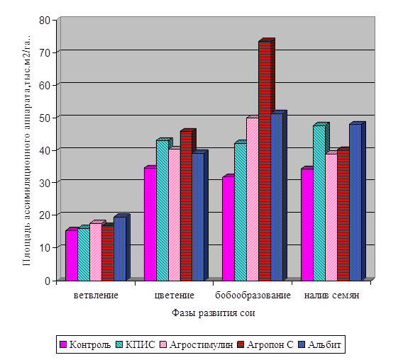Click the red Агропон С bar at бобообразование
(265, 161)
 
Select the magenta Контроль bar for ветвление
(72, 256)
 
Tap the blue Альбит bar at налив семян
(355, 203)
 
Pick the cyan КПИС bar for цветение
(162, 210)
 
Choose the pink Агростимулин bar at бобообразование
(253, 199)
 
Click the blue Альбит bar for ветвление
(120, 249)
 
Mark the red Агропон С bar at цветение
(187, 206)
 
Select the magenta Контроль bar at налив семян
(307, 225)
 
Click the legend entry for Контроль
(85, 344)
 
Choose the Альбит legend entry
(320, 344)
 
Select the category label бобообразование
(253, 296)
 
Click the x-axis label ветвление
(96, 296)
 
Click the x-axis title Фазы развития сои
(214, 313)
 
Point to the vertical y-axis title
(27, 151)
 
